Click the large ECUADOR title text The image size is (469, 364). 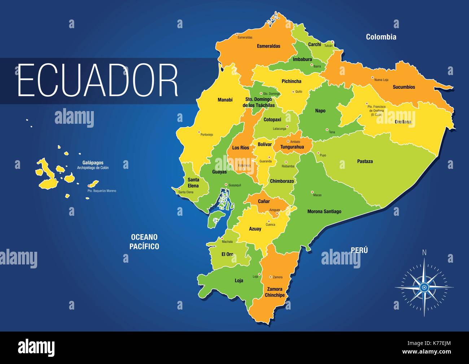[98, 80]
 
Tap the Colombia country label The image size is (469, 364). [381, 37]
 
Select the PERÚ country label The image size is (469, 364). [359, 250]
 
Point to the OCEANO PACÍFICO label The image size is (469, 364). [145, 242]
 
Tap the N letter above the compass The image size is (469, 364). [425, 253]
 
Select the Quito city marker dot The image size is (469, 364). [293, 92]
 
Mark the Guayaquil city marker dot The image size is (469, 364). [226, 185]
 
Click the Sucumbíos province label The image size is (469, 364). [404, 87]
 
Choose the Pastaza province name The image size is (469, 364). [365, 161]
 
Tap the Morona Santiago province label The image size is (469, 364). [324, 211]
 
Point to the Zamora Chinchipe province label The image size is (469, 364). [275, 292]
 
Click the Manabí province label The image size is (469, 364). [225, 100]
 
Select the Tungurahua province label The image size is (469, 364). [292, 147]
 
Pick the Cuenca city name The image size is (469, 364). [270, 225]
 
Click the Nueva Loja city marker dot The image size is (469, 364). [373, 78]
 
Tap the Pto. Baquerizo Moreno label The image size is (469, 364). [102, 190]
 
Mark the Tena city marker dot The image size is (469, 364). [327, 130]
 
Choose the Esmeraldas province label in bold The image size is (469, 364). [268, 46]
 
